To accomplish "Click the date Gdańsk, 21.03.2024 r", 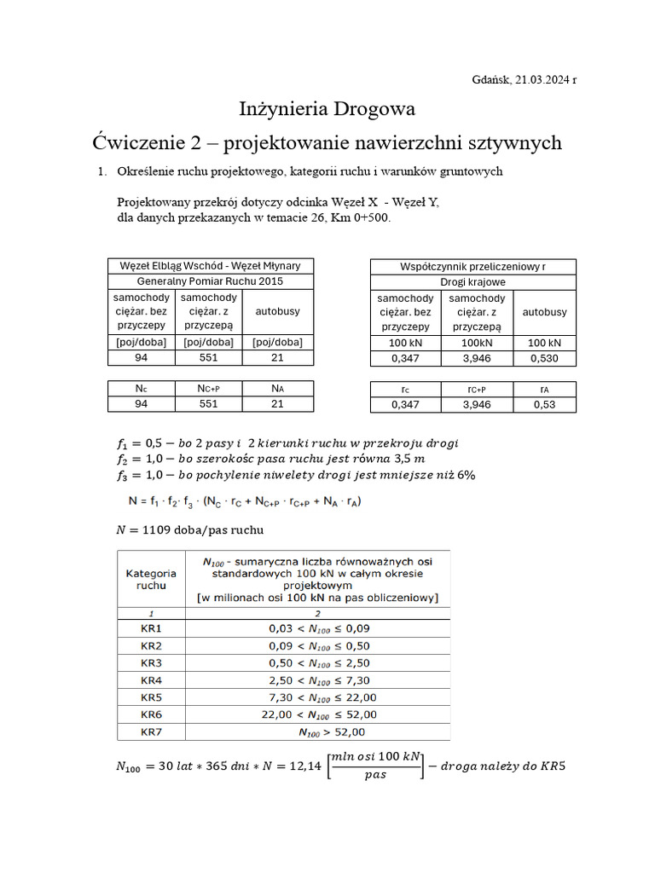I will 524,79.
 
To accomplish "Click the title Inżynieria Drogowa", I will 327,109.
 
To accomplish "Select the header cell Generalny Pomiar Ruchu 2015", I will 211,280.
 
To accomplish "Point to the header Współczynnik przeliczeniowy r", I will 472,267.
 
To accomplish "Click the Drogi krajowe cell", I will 472,281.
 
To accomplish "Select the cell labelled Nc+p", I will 208,388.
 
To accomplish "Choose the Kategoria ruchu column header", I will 151,580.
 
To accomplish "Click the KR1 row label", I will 151,628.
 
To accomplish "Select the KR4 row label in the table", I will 151,680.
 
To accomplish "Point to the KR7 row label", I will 151,731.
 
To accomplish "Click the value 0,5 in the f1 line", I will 154,443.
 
